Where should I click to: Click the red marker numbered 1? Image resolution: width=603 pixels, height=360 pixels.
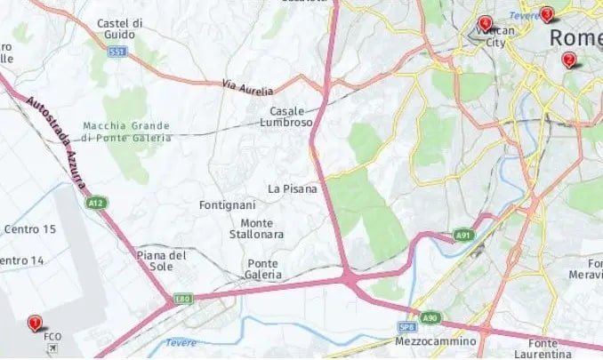pos(35,324)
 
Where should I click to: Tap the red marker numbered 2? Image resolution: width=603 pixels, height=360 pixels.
pos(568,60)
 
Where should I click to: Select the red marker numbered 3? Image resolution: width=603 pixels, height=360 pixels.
pos(547,13)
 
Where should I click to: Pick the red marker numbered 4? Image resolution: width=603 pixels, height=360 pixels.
pos(485,23)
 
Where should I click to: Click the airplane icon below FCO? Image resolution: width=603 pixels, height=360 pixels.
pos(53,348)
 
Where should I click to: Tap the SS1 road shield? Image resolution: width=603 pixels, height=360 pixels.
pos(117,52)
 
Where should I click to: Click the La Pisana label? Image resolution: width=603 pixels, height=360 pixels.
pos(293,188)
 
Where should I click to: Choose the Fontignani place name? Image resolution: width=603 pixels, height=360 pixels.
pos(229,205)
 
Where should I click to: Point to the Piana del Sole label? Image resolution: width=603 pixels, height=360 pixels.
pos(162,261)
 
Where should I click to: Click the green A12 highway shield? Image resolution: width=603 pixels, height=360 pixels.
pos(95,204)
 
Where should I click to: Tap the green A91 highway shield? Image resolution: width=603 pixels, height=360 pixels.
pos(462,235)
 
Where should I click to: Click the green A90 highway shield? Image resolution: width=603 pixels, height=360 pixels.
pos(430,317)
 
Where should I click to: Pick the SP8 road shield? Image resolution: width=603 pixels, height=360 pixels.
pos(407,327)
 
